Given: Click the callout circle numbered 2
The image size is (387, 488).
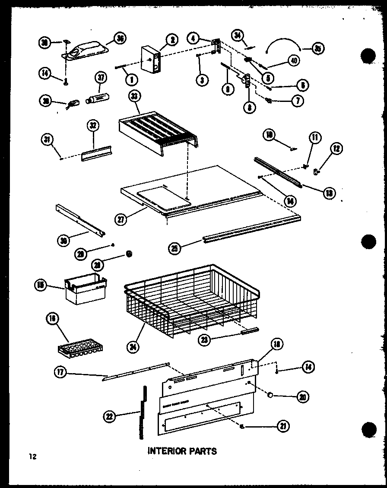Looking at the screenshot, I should pos(171,40).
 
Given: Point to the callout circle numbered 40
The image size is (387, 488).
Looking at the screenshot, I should pos(293,61).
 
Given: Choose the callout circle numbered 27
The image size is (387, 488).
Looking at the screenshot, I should pos(121,219).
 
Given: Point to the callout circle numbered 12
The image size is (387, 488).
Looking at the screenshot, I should pos(336,149).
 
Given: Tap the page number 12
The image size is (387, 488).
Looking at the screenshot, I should pos(32,456).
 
